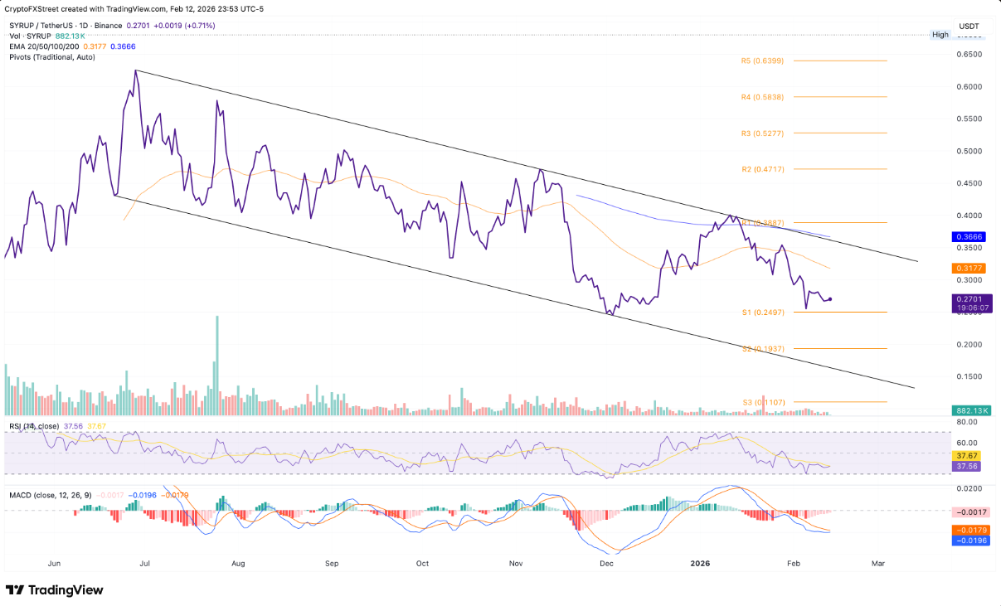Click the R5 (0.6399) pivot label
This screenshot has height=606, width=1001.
[761, 61]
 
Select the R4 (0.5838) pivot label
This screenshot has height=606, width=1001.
[761, 97]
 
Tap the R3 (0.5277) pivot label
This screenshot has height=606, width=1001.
[761, 133]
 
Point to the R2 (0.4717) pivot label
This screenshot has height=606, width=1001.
[761, 169]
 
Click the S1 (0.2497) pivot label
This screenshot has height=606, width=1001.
[761, 313]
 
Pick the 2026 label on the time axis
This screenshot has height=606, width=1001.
[702, 563]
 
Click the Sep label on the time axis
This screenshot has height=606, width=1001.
[332, 563]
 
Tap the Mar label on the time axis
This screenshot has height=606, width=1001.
[878, 563]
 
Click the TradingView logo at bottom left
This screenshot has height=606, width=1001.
[55, 590]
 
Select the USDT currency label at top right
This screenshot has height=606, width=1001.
[969, 27]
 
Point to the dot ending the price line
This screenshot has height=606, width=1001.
[831, 298]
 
